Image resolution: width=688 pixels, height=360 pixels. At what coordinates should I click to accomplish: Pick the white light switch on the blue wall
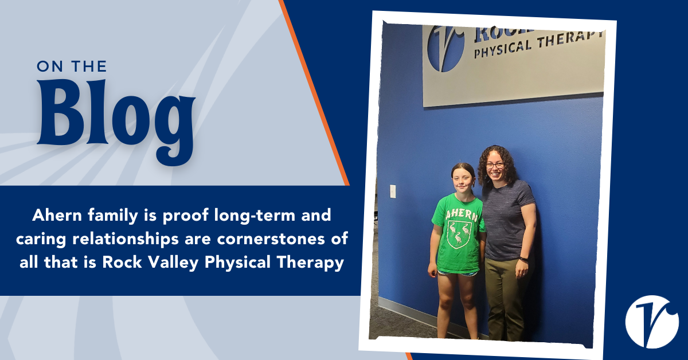(393, 191)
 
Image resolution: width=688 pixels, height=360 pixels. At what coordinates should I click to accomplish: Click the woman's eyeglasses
(495, 165)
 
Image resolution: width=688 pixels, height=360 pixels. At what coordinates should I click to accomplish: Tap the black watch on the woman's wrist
(524, 260)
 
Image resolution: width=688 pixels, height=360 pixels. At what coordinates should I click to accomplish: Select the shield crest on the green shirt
(459, 234)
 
